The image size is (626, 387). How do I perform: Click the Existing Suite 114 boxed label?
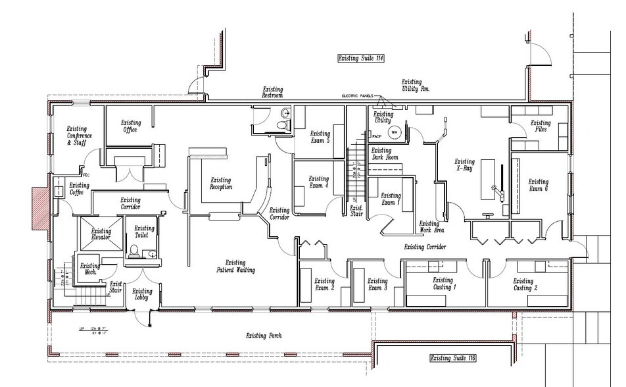click(x=360, y=59)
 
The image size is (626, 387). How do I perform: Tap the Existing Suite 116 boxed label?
click(x=452, y=358)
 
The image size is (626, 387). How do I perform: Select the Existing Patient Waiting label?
click(x=235, y=266)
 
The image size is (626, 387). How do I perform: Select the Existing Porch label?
click(x=266, y=336)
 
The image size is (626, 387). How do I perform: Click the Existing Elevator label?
click(x=101, y=234)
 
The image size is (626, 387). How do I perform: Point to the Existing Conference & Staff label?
click(x=79, y=135)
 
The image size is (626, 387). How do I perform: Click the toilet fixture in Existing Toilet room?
click(x=134, y=251)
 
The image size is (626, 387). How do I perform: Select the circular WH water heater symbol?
click(x=395, y=132)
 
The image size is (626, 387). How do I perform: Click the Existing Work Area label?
click(x=431, y=227)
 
